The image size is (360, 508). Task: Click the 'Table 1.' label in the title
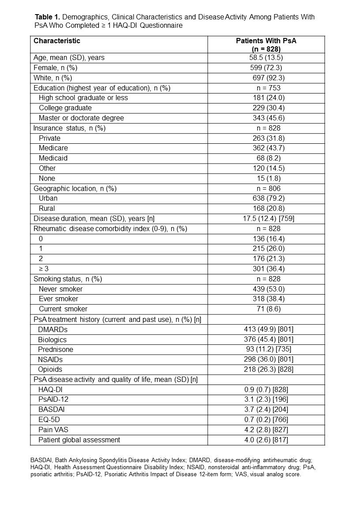(47, 17)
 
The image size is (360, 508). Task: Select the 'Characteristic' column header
(57, 41)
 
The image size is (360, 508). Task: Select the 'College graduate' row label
(65, 108)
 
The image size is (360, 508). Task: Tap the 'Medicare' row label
(53, 148)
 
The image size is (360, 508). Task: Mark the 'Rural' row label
(48, 208)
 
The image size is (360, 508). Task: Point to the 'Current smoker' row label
(63, 309)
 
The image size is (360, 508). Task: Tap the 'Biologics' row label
(53, 340)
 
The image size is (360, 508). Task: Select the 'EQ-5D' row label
(49, 420)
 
